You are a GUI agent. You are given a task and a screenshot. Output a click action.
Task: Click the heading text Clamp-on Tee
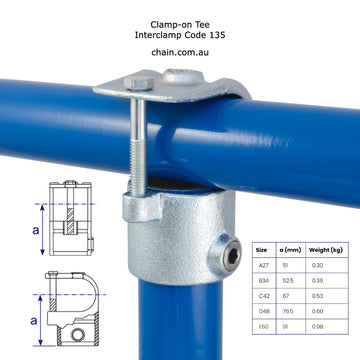pyautogui.click(x=180, y=21)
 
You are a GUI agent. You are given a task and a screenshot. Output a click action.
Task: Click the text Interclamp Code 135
pyautogui.click(x=180, y=34)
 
